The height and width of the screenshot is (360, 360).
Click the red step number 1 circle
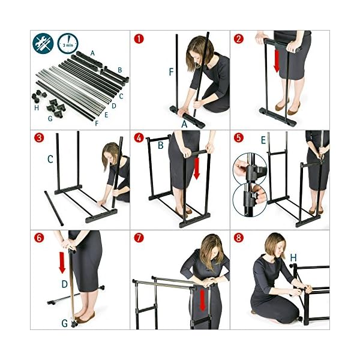[x=139, y=39]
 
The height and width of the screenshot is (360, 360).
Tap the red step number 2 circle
[x=239, y=39]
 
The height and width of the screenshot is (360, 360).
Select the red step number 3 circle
[x=39, y=138]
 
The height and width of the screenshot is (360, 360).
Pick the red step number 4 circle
[x=139, y=138]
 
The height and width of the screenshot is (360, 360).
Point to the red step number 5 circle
[x=239, y=138]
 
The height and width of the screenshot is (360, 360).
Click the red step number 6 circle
[x=39, y=238]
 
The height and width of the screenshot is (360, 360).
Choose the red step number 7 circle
[x=139, y=238]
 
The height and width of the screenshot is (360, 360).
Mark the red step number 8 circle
[x=239, y=238]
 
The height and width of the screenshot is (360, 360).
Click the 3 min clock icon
[x=68, y=44]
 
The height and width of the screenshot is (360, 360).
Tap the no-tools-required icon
[x=43, y=44]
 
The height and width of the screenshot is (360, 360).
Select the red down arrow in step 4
[x=197, y=169]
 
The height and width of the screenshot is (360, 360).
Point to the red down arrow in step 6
[x=62, y=263]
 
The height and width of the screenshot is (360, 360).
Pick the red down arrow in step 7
[x=202, y=300]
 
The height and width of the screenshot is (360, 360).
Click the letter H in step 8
[x=293, y=258]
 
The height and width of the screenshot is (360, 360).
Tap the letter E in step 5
[x=263, y=140]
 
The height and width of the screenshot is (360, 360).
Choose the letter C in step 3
[x=50, y=159]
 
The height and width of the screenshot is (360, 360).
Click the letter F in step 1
[x=171, y=72]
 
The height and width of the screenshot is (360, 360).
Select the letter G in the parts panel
[x=50, y=119]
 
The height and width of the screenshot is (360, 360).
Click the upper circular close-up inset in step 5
[x=250, y=169]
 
